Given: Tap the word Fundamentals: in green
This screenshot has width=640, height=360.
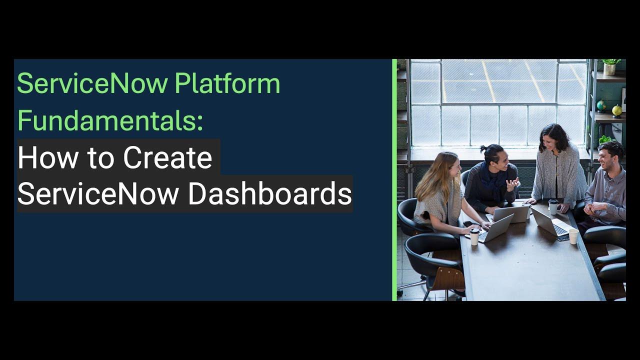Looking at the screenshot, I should [110, 120].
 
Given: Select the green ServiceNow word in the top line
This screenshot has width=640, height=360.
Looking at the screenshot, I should [92, 83].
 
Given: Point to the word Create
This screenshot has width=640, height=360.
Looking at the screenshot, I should [167, 158].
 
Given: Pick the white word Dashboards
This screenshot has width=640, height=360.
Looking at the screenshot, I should [270, 194].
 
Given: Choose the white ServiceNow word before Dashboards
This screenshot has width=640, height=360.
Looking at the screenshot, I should [98, 194].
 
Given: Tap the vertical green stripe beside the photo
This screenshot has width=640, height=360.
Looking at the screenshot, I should [394, 180].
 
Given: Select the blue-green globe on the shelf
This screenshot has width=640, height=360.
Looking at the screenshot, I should [601, 105].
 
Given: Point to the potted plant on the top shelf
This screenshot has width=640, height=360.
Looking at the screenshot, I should [609, 66].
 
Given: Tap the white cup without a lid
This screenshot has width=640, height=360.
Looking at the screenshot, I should [573, 236].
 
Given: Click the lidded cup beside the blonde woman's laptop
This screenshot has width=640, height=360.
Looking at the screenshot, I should [474, 236].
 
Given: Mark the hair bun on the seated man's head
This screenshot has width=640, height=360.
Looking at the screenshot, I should [483, 148].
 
